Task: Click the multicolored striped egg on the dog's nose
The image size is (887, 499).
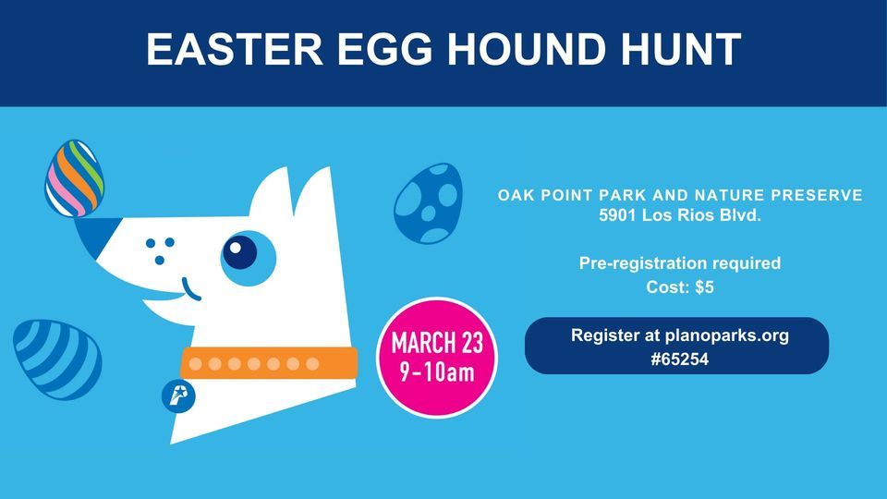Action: (74, 177)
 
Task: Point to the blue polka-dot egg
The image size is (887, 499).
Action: (428, 203)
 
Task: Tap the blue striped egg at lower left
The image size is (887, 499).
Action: (57, 359)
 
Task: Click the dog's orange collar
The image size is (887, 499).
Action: (268, 363)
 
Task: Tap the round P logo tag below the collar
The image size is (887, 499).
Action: (177, 396)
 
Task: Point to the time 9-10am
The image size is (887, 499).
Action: (437, 372)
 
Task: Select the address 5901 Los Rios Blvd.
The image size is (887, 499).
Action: (680, 218)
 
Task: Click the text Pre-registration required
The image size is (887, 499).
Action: (680, 263)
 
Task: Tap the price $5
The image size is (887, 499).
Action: (703, 287)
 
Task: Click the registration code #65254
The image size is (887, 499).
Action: (680, 359)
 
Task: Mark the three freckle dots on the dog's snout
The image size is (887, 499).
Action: (161, 248)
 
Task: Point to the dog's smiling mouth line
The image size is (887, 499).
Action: (191, 290)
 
